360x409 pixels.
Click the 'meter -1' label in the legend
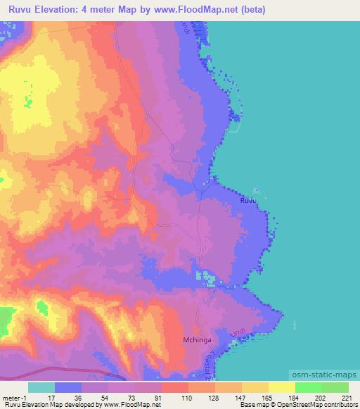click(15, 397)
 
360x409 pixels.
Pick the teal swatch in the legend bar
click(41, 387)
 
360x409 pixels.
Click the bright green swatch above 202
click(308, 387)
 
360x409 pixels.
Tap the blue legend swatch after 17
click(68, 387)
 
